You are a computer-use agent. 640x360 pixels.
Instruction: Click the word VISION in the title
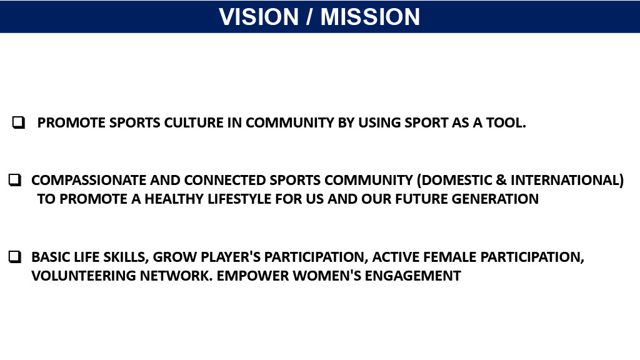click(x=259, y=17)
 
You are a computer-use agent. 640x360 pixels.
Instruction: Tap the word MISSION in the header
click(x=370, y=17)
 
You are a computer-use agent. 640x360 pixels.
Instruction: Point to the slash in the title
click(x=310, y=17)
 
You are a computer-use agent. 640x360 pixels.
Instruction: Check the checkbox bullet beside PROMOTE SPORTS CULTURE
click(x=18, y=122)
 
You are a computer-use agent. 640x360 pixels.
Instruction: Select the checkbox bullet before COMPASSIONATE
click(x=15, y=180)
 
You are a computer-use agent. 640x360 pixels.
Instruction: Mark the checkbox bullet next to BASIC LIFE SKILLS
click(x=15, y=257)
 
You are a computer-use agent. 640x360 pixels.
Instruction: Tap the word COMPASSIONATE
click(x=89, y=181)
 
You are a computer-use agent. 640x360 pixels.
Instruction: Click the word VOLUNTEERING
click(x=84, y=276)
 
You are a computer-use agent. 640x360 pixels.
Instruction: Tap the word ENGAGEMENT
click(x=412, y=276)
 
